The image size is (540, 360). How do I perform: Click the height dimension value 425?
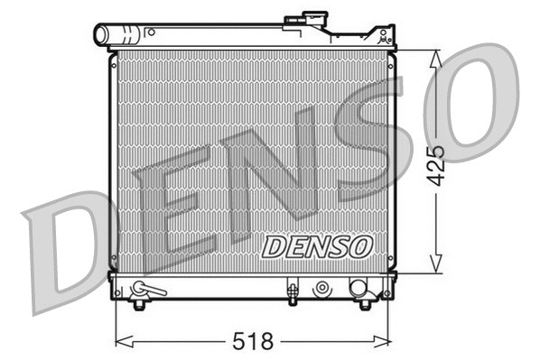point(438,162)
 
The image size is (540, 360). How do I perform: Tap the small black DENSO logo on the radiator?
point(315,244)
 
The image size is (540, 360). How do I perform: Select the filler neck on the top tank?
point(306,21)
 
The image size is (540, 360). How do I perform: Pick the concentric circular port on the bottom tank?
point(321,289)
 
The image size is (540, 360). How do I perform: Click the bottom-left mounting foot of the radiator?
point(138,304)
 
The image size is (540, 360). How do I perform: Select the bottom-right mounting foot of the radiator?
point(365,304)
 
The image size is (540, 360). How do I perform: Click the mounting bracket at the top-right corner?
point(386,39)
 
